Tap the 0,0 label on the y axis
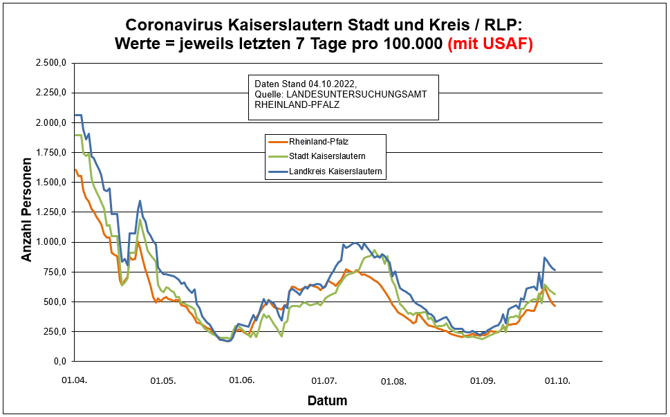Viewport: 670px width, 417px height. pos(59,361)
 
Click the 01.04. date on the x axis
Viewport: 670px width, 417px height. pos(74,380)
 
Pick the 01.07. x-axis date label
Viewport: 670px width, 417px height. pos(324,380)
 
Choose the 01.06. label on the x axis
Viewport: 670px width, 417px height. pos(242,380)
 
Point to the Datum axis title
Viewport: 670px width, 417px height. pos(327,401)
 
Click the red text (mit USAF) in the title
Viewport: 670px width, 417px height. pos(490,44)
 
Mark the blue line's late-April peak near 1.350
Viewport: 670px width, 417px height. pos(140,201)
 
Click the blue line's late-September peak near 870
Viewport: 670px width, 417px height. pos(544,257)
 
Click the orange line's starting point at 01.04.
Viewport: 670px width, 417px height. pos(75,169)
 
